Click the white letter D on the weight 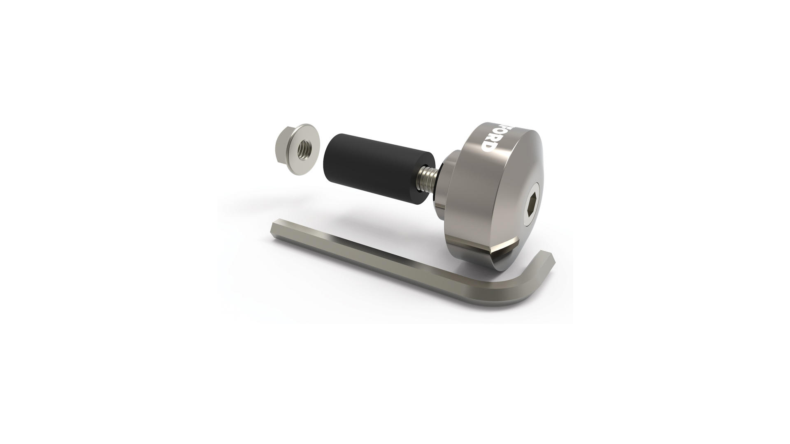[488, 146]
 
